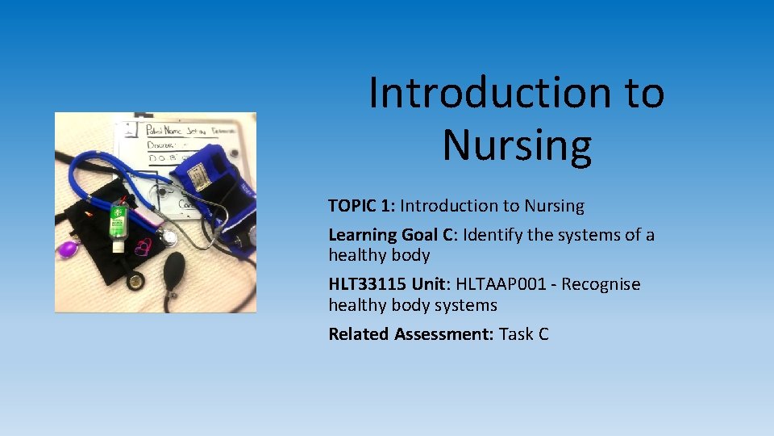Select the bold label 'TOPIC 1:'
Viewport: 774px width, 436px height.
coord(361,206)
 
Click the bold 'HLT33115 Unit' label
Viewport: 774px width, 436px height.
coord(389,284)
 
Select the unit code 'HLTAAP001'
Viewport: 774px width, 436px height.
coord(506,284)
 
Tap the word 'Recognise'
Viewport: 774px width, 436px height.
coord(601,284)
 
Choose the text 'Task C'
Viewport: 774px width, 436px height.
coord(524,334)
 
